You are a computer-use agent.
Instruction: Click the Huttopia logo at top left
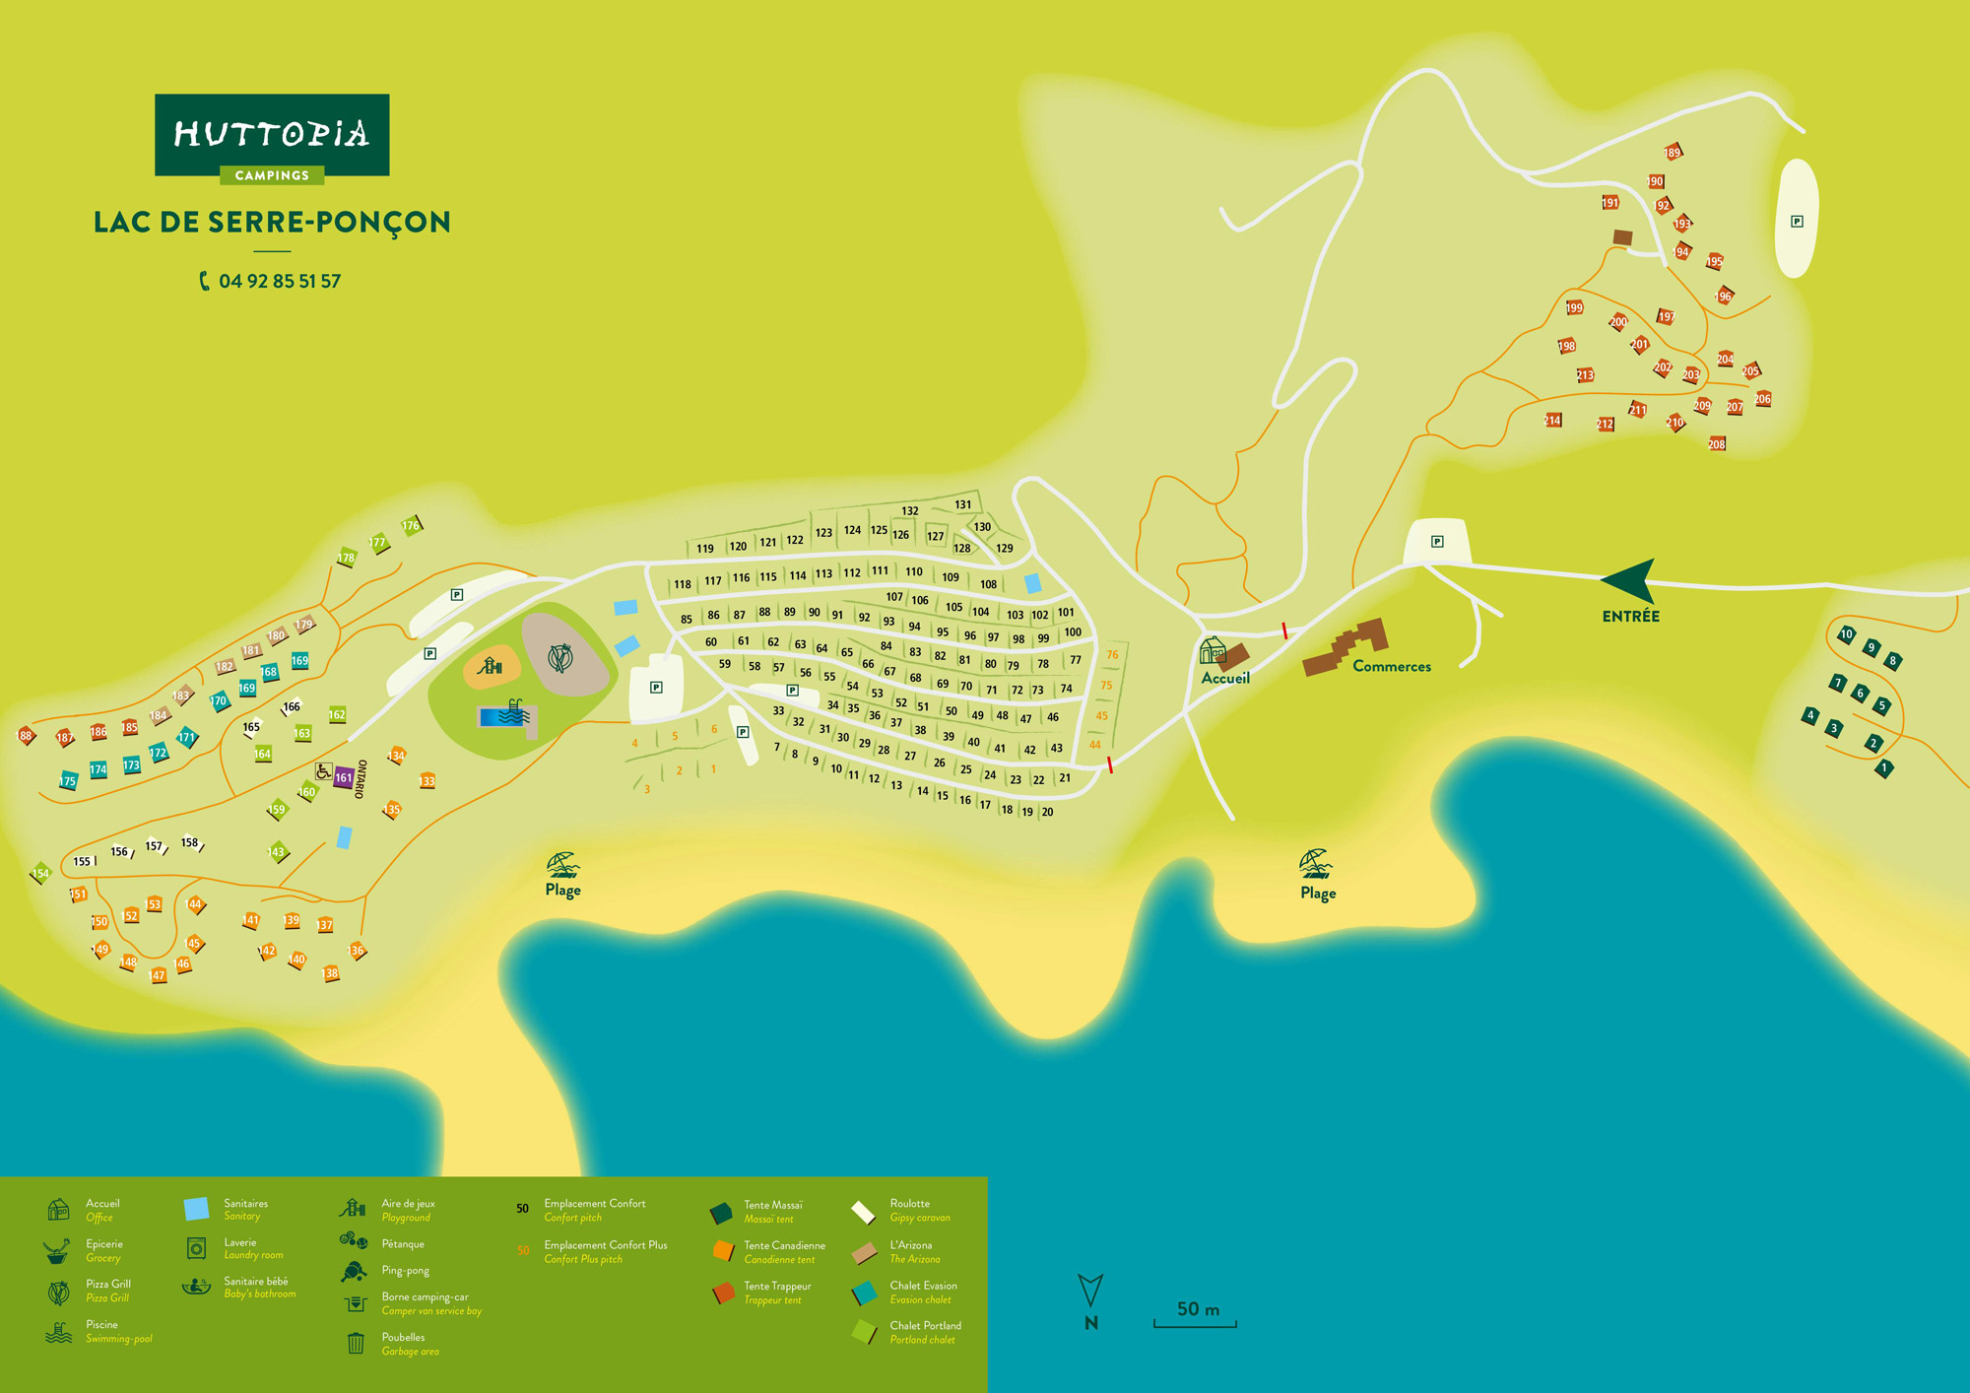272,135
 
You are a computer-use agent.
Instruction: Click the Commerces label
1391,666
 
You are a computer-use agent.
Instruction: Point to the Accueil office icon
1214,651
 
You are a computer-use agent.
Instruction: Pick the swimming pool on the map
505,715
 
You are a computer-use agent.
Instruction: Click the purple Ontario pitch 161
343,777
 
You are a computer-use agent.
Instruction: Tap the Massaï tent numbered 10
1847,634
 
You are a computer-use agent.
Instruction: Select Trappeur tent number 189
1673,152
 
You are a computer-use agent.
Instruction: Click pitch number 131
962,504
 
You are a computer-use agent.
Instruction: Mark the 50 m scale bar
1196,1316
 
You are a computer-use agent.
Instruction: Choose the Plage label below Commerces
1317,893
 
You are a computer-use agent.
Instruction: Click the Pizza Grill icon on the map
559,656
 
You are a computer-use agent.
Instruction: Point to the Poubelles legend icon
357,1343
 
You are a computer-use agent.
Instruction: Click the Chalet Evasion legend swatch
865,1293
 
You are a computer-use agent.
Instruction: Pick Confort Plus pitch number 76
1112,654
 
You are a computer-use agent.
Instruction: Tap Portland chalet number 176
411,525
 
